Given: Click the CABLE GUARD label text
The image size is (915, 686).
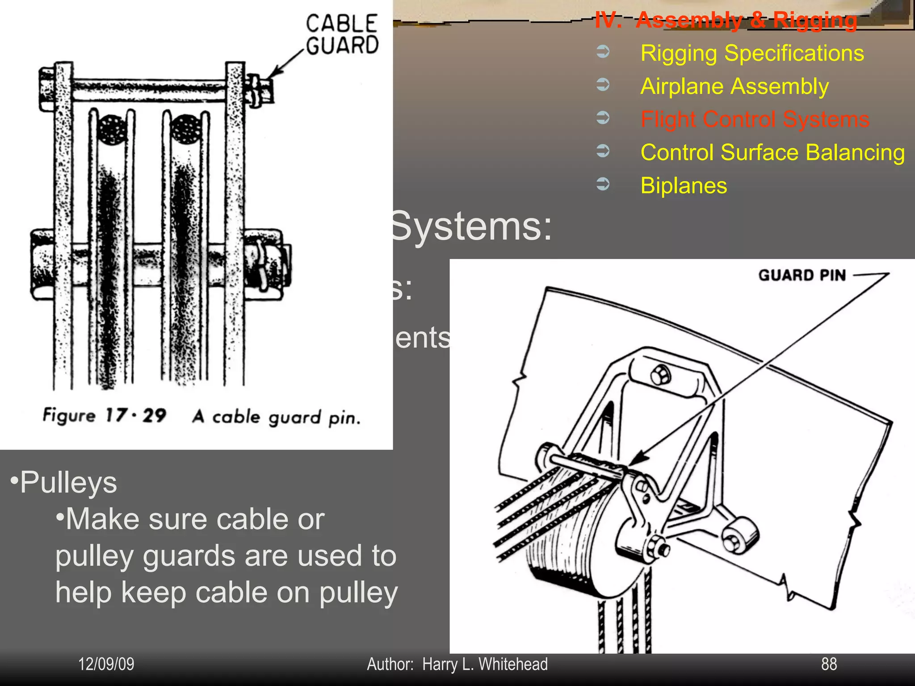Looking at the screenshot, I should [x=342, y=35].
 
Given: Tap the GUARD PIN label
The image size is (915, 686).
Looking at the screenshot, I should [x=802, y=275].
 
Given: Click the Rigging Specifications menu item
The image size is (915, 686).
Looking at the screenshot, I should [x=752, y=53].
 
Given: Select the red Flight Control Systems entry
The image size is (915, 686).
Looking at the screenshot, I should [x=755, y=119].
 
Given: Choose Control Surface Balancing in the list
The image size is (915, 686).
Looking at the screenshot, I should [x=772, y=152].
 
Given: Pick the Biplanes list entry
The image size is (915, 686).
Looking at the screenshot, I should [x=684, y=185].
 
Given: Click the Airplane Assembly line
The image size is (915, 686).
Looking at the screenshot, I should [x=735, y=86].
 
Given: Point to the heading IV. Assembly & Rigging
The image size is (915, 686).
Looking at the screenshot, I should [x=726, y=20].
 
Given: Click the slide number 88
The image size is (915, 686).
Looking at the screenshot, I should [x=829, y=664].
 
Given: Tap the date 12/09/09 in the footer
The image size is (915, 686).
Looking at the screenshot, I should [x=106, y=664].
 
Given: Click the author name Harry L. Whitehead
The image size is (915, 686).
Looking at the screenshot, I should [x=485, y=664].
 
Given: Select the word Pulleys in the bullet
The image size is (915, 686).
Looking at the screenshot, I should [x=68, y=483].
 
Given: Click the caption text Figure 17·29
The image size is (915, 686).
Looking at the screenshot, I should [x=105, y=415].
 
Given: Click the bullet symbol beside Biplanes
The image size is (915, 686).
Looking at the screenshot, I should [x=603, y=184].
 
